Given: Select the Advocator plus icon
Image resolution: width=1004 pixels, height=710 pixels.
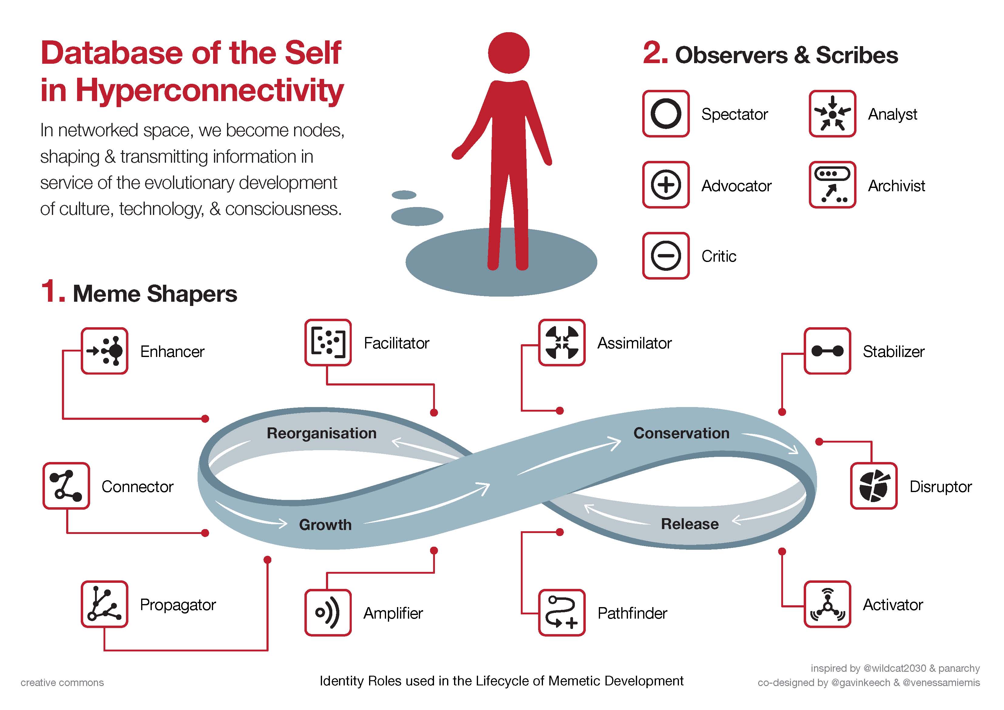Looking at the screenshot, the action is [x=666, y=185].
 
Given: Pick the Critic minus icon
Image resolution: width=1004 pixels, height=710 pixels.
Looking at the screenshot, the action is [x=666, y=256].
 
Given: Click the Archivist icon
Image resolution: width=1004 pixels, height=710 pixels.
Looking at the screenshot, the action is [x=832, y=185].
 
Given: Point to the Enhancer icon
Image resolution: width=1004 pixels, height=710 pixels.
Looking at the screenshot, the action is [x=104, y=351].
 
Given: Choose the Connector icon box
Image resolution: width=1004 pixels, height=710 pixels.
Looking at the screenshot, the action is [x=66, y=486].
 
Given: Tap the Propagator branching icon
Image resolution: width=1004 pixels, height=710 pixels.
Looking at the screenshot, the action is [x=104, y=604].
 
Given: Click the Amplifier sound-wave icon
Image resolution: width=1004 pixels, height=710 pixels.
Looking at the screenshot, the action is [x=328, y=613].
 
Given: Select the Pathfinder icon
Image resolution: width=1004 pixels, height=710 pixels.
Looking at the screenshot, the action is [x=562, y=613].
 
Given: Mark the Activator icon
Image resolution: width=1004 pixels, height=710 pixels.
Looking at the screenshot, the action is [x=827, y=604].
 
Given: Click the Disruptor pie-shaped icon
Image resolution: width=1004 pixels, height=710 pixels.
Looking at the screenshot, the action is [x=874, y=486].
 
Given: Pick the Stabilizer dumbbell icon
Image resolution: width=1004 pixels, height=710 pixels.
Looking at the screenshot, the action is [x=827, y=351].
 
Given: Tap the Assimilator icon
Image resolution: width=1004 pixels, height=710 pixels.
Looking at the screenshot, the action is [x=562, y=342].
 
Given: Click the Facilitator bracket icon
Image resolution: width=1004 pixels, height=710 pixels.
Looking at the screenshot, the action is [x=328, y=342].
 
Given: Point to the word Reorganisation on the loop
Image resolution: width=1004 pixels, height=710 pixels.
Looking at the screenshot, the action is [x=321, y=433].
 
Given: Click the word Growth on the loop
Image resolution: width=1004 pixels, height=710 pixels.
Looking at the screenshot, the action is [x=325, y=525].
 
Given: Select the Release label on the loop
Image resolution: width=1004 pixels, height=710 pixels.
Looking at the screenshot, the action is [x=690, y=524].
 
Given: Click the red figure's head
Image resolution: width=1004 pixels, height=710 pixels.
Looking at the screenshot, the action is [x=509, y=53].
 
